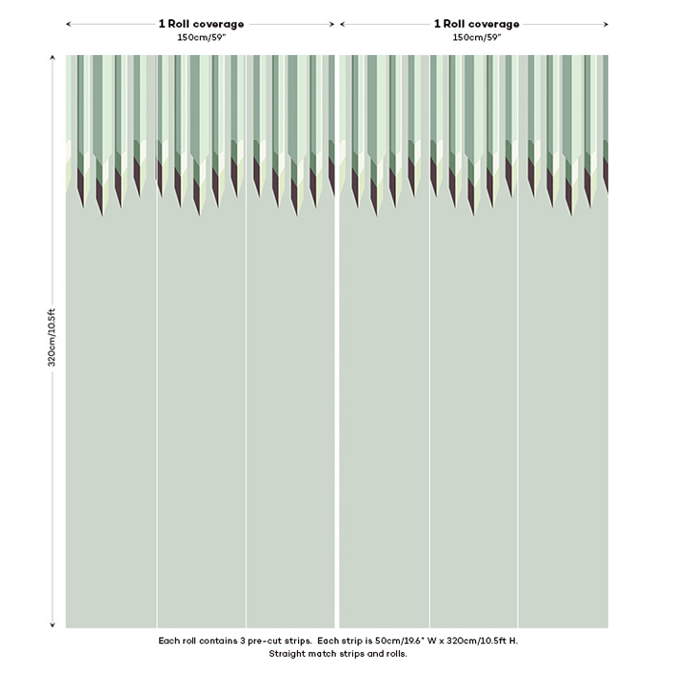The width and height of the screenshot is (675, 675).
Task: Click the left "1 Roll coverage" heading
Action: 201,24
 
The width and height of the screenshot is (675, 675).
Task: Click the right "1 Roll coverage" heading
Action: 477,24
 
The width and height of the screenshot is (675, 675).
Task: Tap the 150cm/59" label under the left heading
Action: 201,37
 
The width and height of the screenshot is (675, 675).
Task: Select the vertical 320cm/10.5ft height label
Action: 52,338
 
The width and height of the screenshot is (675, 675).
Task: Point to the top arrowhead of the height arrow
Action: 52,58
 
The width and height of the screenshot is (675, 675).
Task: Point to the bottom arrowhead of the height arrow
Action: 52,625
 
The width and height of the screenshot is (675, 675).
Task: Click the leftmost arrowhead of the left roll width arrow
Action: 69,24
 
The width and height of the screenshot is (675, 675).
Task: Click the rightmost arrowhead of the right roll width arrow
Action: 606,24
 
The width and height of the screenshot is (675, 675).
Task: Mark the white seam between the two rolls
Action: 337,381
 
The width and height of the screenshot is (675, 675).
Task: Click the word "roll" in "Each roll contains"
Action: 189,641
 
